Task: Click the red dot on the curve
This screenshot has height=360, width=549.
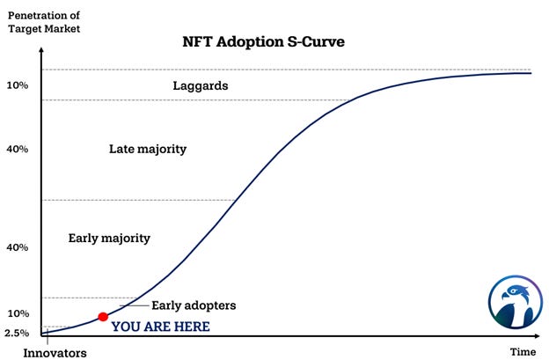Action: (x=103, y=316)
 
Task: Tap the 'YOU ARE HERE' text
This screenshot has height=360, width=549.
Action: (x=160, y=327)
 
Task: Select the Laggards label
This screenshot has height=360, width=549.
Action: (x=201, y=86)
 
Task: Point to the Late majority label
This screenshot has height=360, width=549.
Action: (x=148, y=149)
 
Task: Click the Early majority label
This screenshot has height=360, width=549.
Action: (x=109, y=238)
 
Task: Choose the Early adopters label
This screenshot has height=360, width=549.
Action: (x=194, y=305)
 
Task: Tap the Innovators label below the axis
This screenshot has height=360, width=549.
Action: (x=55, y=353)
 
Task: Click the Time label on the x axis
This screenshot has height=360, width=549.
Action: (x=523, y=352)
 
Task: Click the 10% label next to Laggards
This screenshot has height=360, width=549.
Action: (x=18, y=85)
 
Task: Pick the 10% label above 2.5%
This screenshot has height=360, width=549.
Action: (x=18, y=313)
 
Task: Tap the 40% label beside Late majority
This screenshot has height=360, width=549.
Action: (x=18, y=149)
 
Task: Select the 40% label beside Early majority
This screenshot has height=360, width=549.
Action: (x=18, y=247)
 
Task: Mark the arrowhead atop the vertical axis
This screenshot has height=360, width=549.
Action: (x=41, y=47)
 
